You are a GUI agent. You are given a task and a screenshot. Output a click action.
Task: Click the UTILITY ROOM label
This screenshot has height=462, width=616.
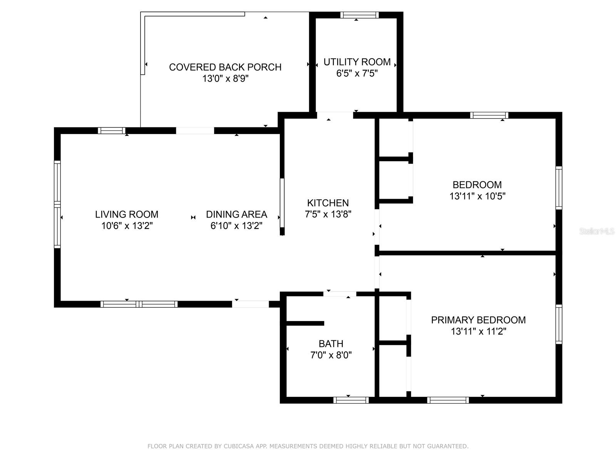(357, 62)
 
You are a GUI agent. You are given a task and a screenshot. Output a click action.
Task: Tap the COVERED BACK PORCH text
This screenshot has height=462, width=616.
(225, 67)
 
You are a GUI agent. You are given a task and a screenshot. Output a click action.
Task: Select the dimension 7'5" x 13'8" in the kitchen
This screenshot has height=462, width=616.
(328, 214)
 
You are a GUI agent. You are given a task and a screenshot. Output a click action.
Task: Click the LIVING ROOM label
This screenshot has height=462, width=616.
(127, 214)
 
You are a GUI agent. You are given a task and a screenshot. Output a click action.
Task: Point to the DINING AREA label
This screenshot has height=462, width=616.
(236, 214)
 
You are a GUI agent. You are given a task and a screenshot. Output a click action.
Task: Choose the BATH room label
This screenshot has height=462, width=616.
(331, 343)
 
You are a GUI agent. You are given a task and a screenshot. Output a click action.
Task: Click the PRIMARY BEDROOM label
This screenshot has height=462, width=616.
(478, 320)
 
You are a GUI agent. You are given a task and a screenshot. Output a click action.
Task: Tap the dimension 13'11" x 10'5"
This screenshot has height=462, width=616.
(477, 196)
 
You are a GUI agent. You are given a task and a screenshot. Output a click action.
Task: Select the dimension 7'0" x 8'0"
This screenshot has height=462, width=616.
(331, 355)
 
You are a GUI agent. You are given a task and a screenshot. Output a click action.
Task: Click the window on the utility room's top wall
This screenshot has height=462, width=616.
(359, 15)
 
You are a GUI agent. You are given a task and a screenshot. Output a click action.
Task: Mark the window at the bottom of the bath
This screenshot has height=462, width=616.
(351, 400)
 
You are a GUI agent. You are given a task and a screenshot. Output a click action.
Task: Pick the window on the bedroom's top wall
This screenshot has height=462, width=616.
(489, 115)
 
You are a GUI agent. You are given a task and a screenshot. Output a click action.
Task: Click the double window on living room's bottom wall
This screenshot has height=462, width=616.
(139, 304)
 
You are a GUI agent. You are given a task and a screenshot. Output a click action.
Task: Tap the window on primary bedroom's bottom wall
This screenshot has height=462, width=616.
(448, 400)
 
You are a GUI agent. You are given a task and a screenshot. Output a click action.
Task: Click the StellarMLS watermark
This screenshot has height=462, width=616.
(597, 231)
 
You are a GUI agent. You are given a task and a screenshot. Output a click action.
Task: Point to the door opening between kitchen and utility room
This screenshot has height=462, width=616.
(335, 115)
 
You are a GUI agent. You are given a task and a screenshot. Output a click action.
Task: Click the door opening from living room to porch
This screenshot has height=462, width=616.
(195, 131)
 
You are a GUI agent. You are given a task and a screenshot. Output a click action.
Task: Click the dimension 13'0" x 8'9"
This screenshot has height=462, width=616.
(225, 79)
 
